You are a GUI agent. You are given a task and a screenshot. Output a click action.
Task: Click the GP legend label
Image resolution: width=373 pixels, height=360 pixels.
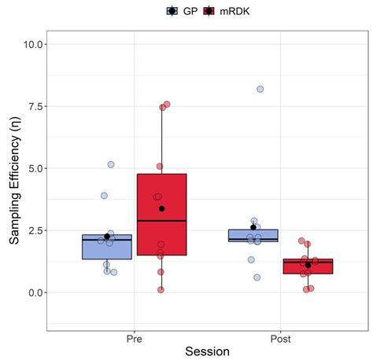point(190,11)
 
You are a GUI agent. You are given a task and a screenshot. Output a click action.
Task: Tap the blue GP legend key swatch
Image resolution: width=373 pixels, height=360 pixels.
point(172,11)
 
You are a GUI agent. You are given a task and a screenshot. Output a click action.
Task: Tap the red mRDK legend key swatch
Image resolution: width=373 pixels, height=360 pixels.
point(209,11)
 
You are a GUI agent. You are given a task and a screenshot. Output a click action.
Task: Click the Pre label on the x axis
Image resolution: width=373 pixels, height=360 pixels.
point(134,340)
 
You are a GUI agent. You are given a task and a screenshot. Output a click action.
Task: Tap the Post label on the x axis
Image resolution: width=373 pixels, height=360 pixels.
point(280,340)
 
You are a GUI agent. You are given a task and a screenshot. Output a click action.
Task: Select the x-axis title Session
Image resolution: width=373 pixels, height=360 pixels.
point(207,351)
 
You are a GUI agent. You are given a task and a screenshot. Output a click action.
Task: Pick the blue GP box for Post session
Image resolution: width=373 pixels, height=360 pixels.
point(253,235)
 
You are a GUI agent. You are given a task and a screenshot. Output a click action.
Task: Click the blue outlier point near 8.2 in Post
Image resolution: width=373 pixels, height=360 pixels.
point(260,89)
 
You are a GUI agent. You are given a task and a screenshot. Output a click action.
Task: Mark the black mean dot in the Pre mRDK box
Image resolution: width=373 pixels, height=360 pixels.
point(161,208)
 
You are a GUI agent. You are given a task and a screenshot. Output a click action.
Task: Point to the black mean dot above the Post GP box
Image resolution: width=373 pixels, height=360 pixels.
point(253,227)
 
